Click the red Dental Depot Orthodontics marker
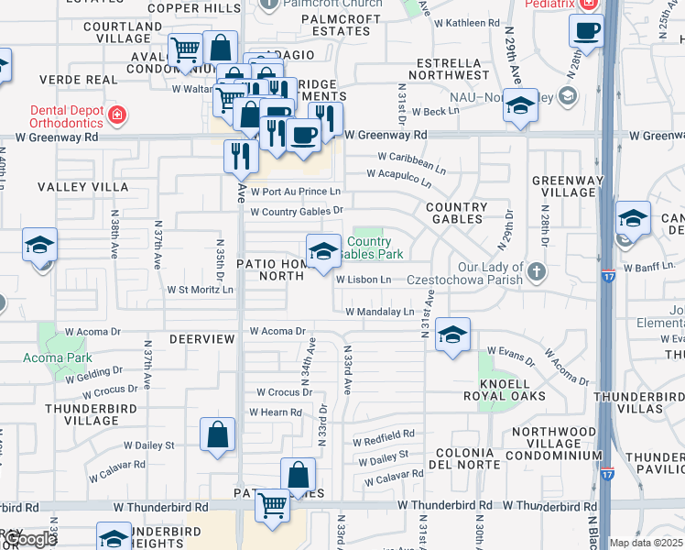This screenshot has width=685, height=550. pos(117,115)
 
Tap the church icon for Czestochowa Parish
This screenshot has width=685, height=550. pos(536,272)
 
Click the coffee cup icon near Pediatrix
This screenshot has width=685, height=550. pos(586,30)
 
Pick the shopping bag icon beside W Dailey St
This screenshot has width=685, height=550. pos(218,436)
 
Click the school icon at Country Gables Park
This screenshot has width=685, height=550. pos(322,252)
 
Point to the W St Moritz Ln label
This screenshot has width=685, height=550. pos(200,289)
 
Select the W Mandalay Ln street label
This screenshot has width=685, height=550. pos(379,313)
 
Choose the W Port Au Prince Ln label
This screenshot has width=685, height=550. pos(294,192)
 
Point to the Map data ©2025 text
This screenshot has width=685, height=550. pos(645,543)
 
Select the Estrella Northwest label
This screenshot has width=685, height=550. pos(451,67)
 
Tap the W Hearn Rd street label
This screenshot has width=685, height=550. pos(275,412)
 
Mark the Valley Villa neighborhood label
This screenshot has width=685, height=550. pos(82,186)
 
